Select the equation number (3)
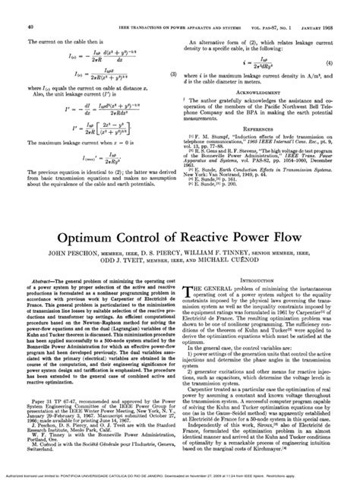(x=173, y=74)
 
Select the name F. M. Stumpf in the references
(x=213, y=137)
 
